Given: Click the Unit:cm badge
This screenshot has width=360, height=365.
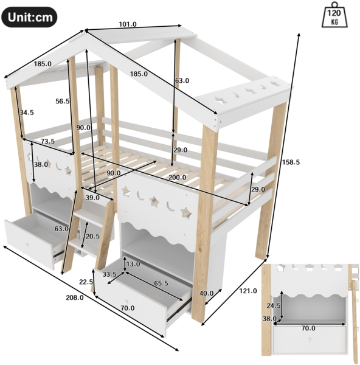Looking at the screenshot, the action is [x=29, y=17].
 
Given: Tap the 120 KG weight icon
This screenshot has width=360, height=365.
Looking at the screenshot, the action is [x=334, y=15].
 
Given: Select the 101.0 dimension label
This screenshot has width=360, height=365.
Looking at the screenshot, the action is [x=128, y=24].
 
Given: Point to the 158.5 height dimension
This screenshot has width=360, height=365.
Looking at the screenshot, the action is [x=291, y=162].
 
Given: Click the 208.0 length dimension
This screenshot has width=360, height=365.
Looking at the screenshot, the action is [x=75, y=297].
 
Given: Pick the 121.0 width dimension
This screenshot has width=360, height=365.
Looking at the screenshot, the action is [x=248, y=291].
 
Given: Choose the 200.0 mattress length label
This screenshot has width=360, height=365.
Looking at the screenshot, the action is [x=178, y=178].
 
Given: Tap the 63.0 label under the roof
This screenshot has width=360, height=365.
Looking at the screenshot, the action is [x=182, y=80].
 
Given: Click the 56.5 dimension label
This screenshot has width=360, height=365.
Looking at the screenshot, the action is [x=63, y=101].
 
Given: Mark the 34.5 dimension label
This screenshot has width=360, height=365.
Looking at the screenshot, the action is [x=27, y=113].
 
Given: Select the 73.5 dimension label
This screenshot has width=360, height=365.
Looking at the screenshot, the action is [x=47, y=141].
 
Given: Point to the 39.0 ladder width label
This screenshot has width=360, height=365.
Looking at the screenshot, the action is [x=92, y=198].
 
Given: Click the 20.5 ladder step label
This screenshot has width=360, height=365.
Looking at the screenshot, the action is [x=92, y=237].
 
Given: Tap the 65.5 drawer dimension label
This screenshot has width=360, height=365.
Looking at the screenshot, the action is [x=161, y=283].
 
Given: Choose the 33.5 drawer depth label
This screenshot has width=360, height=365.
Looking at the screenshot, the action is [x=109, y=274].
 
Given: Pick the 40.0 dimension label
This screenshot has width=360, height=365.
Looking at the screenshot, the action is [x=207, y=293].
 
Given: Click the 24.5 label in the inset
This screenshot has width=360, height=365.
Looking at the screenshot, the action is [x=274, y=305].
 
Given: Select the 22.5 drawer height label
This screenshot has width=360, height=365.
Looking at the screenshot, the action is [x=86, y=282].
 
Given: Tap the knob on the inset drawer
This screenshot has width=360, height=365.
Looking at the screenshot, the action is [x=310, y=340].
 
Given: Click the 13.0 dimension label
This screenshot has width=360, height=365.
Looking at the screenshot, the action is [x=133, y=264].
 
